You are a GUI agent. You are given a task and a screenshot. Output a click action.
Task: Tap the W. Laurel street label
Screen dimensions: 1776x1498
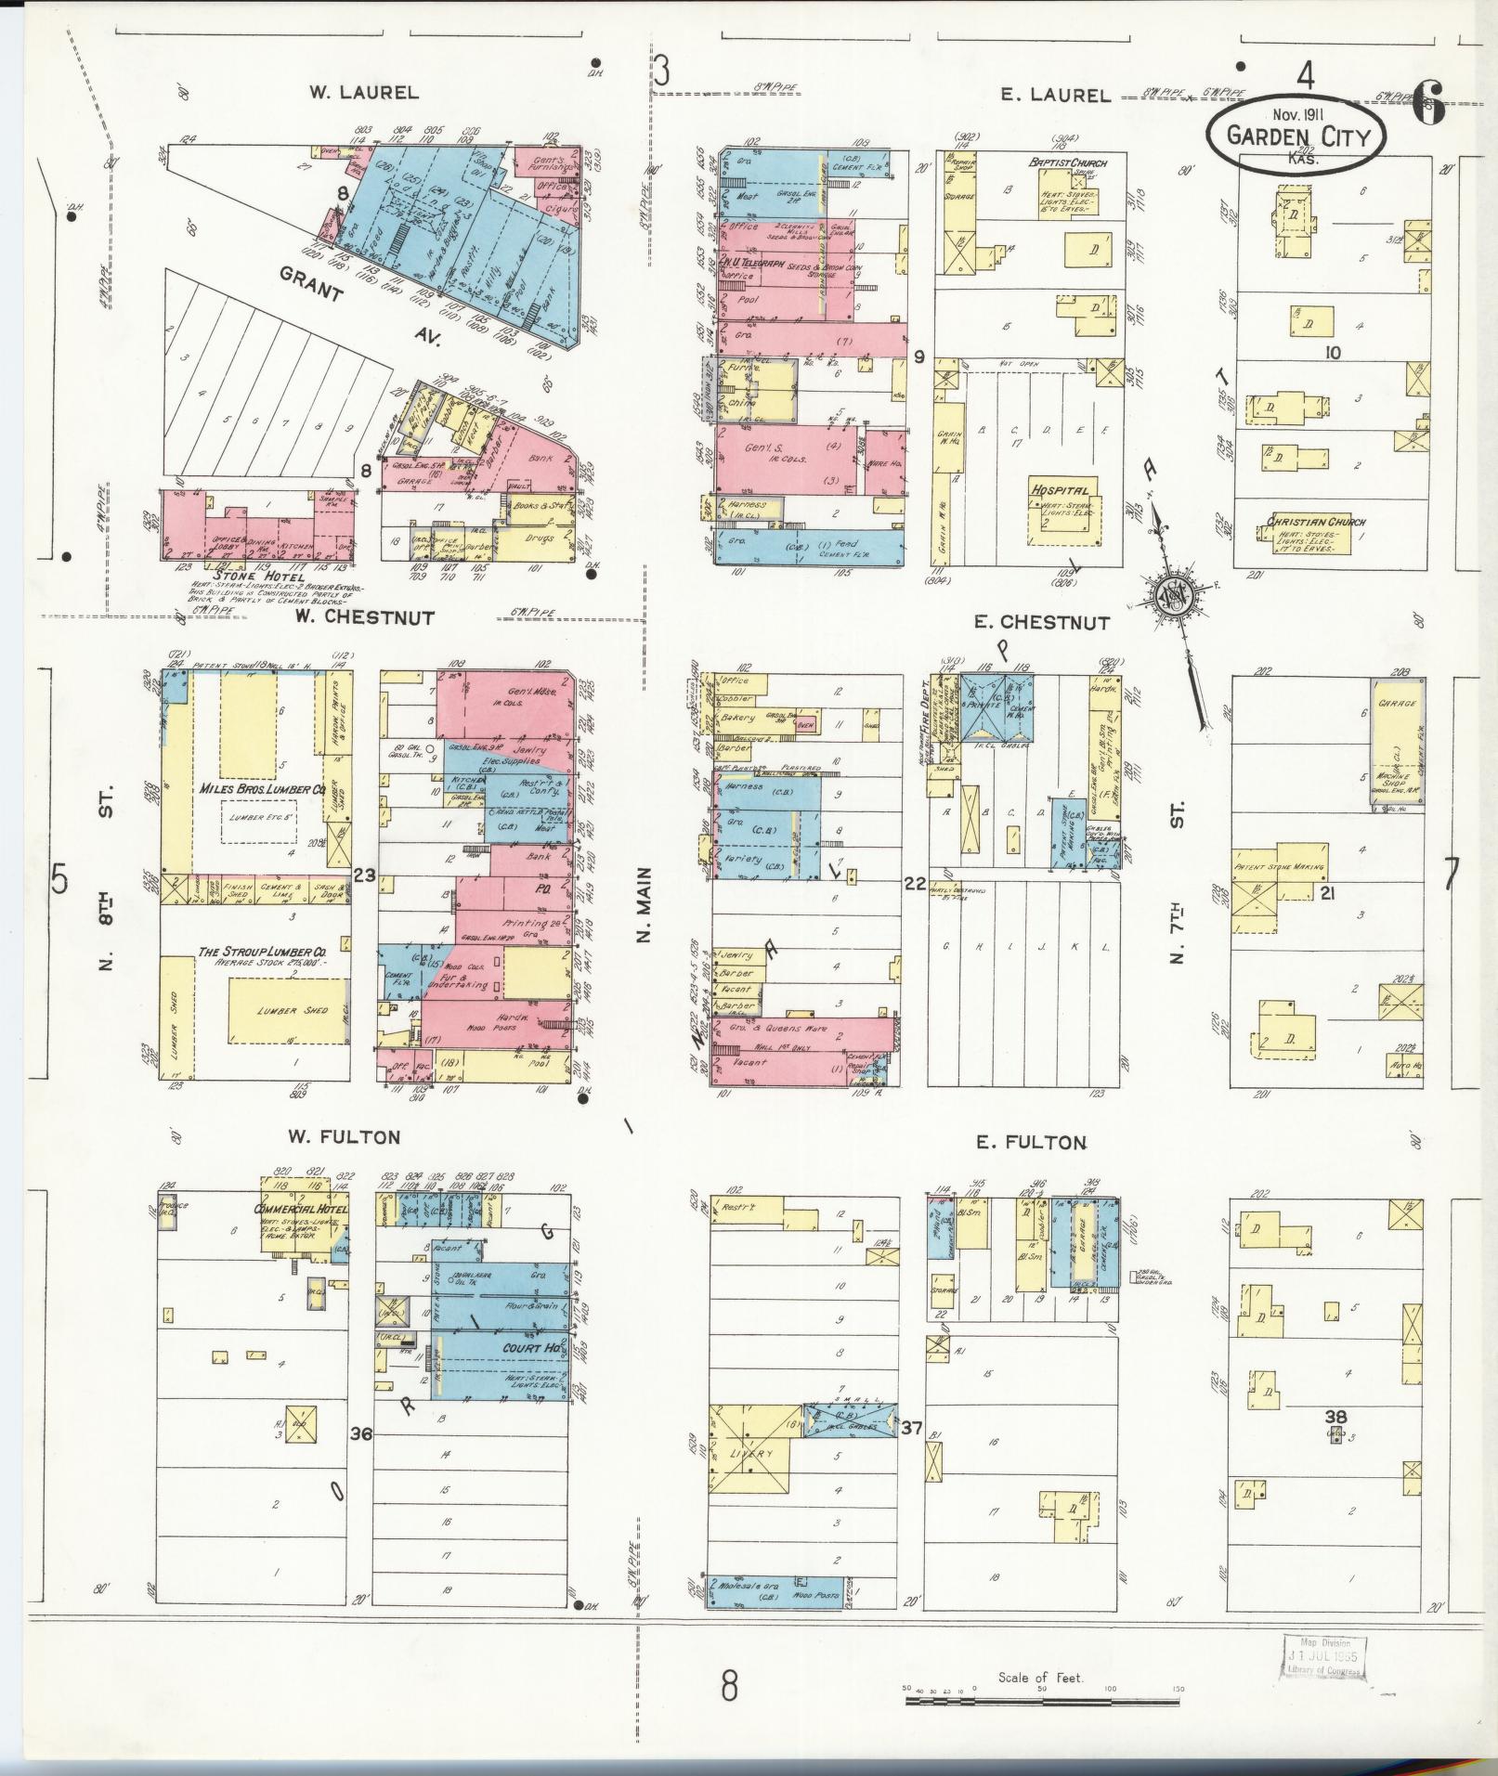tap(363, 93)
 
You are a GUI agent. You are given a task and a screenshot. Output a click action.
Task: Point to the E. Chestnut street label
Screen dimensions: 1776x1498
tap(1041, 623)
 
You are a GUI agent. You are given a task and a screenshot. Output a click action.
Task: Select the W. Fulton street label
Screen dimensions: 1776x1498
tap(343, 1137)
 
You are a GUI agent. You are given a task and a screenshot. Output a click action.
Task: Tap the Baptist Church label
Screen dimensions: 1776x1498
tap(1068, 162)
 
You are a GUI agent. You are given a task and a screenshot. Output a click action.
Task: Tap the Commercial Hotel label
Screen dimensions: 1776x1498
tap(300, 1211)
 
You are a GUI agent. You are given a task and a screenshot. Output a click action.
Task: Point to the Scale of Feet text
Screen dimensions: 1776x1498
tap(1040, 1678)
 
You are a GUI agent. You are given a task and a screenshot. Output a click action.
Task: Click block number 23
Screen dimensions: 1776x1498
tap(364, 874)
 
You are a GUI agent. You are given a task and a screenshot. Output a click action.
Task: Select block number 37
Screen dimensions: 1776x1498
tap(912, 1427)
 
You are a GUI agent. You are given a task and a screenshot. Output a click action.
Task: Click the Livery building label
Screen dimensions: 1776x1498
tap(748, 1454)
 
